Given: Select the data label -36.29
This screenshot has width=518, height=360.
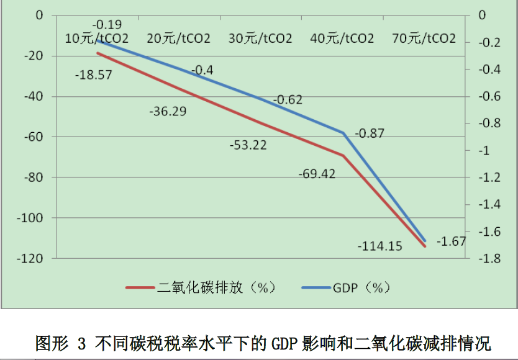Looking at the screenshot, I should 168,112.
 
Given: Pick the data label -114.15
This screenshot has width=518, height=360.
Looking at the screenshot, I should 379,246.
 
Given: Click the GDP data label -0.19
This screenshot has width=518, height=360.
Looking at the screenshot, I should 107,25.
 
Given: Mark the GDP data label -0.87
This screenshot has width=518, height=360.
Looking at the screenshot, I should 370,133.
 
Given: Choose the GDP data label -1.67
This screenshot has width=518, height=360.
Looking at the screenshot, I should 451,241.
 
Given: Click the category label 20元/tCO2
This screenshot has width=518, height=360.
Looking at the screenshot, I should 178,38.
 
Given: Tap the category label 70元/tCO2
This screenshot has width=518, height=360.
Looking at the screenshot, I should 424,38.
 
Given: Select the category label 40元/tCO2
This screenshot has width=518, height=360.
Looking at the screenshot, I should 342,38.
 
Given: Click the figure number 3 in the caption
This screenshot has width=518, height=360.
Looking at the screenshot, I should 83,343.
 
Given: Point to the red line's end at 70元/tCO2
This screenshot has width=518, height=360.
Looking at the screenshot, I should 425,246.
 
